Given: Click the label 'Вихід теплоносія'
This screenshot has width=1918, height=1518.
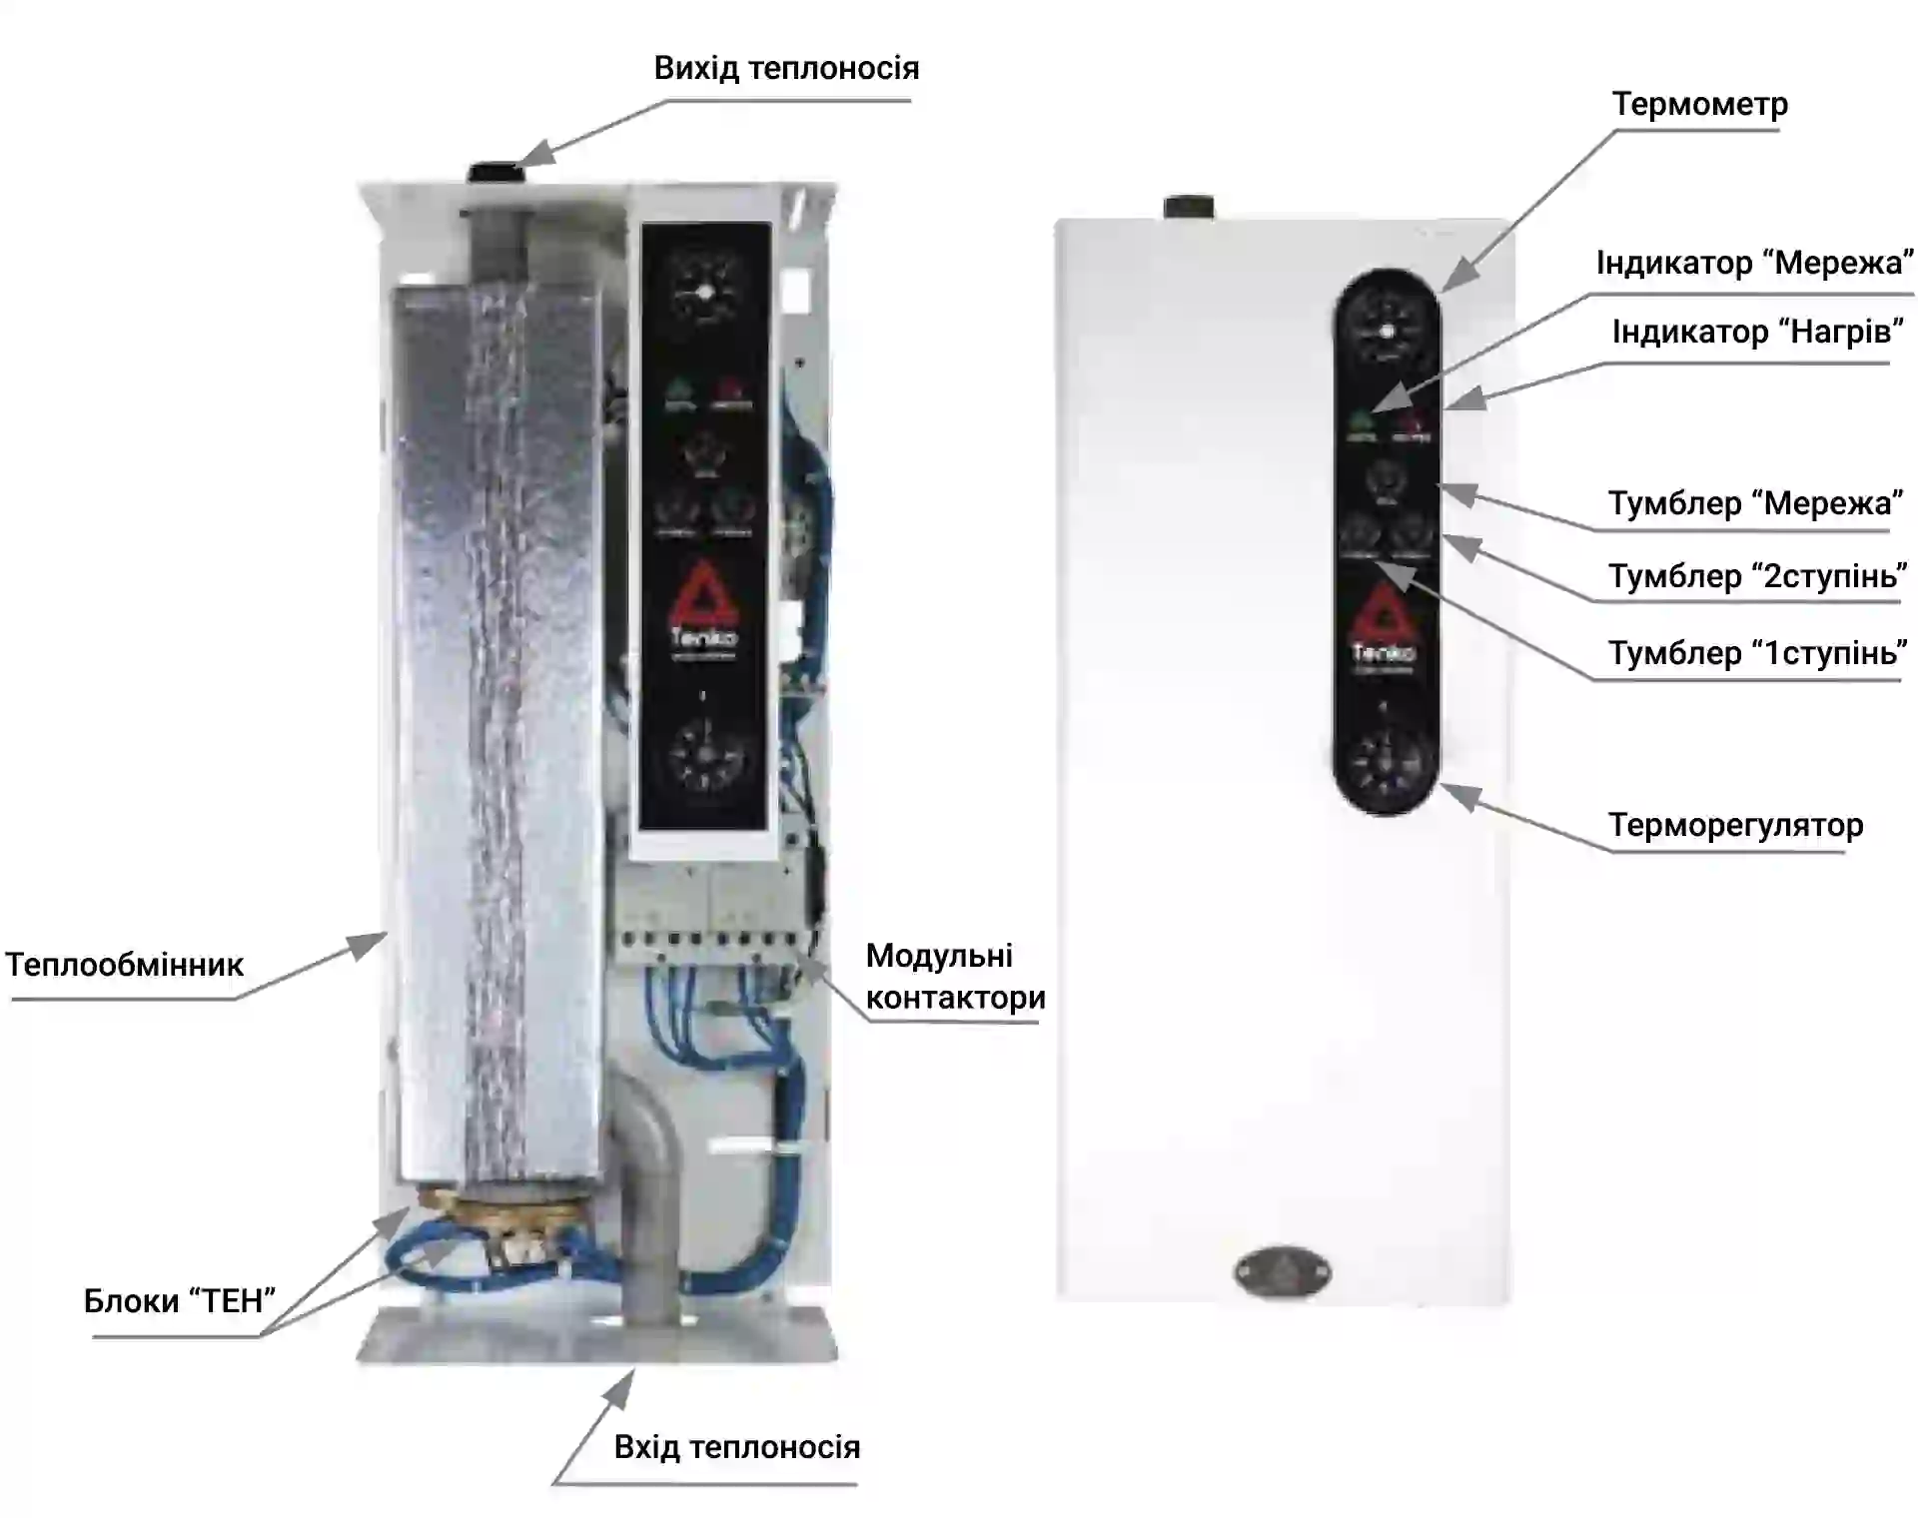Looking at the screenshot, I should click(x=786, y=68).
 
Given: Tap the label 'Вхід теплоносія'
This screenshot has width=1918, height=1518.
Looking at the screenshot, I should click(x=736, y=1446).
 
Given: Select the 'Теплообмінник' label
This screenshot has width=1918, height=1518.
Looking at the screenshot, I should click(x=125, y=965).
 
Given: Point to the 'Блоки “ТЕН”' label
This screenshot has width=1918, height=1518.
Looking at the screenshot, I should click(x=180, y=1300).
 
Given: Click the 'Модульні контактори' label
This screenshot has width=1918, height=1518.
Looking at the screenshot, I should click(x=954, y=977).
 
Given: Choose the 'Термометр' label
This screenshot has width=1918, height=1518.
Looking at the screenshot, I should click(x=1699, y=104).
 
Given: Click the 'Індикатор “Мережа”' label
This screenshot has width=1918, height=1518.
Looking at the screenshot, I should click(x=1754, y=263).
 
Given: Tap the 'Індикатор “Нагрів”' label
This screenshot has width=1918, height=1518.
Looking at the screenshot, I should click(x=1757, y=332).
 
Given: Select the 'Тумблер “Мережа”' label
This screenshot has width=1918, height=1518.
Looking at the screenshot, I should click(x=1754, y=502).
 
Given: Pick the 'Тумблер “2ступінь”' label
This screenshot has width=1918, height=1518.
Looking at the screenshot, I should click(x=1756, y=576).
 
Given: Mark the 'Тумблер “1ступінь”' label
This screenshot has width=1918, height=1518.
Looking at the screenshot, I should click(x=1756, y=652).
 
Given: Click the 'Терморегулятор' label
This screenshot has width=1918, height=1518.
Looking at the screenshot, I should click(x=1735, y=825).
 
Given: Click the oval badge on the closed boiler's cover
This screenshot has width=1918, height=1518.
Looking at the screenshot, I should click(x=1283, y=1272).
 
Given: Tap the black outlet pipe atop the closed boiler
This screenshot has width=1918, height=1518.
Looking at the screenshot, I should click(x=1189, y=207).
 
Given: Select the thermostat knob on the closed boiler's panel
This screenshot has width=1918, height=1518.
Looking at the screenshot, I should click(x=1386, y=764).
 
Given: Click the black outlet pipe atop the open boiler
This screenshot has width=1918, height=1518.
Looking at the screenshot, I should click(x=493, y=171).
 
